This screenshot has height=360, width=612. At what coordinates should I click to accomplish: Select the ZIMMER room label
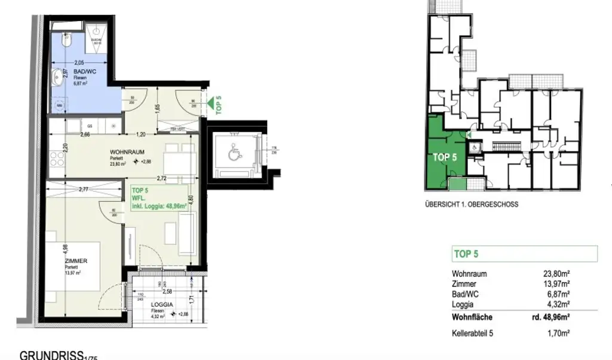76,261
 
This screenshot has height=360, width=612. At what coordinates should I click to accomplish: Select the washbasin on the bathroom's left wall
58,76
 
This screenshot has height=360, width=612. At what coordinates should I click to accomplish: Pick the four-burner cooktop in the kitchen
57,159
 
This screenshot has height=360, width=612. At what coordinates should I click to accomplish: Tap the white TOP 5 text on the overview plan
445,157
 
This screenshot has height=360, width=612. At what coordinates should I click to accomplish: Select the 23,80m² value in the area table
556,274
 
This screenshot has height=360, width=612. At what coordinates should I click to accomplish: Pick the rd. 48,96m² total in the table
550,317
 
